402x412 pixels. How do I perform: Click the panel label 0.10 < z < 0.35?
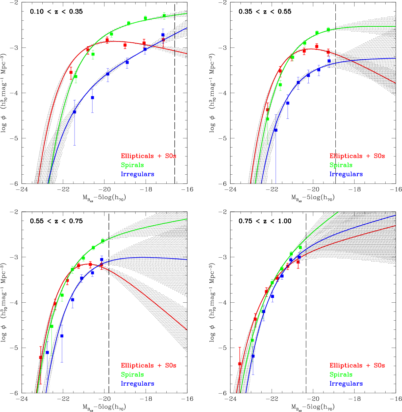coord(56,12)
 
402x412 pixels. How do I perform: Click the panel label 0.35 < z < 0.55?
coord(265,12)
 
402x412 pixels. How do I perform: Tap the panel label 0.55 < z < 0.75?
coord(56,221)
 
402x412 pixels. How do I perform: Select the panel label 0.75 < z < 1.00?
coord(265,221)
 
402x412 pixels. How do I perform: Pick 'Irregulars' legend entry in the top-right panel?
coord(346,174)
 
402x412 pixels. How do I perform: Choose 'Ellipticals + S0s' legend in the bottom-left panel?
coord(148,365)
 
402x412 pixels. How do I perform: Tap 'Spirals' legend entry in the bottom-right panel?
coord(341,375)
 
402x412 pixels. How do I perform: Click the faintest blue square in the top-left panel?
coord(163,35)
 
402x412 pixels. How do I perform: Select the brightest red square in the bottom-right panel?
coord(240,364)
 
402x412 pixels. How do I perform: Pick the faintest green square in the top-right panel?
coord(328,30)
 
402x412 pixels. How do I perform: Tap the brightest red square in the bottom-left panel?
coord(41,357)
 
